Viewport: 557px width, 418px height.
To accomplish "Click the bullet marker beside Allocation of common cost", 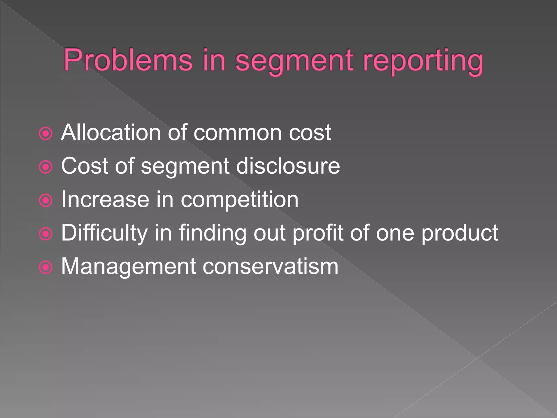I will coord(46,134).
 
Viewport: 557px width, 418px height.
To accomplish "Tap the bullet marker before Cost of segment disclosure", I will coord(46,167).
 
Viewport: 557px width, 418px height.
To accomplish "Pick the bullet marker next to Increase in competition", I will coord(46,201).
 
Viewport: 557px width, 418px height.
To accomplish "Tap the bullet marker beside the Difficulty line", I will coord(46,234).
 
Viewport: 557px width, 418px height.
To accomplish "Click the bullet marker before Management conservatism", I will coord(46,267).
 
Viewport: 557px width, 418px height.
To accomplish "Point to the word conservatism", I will coord(270,266).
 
